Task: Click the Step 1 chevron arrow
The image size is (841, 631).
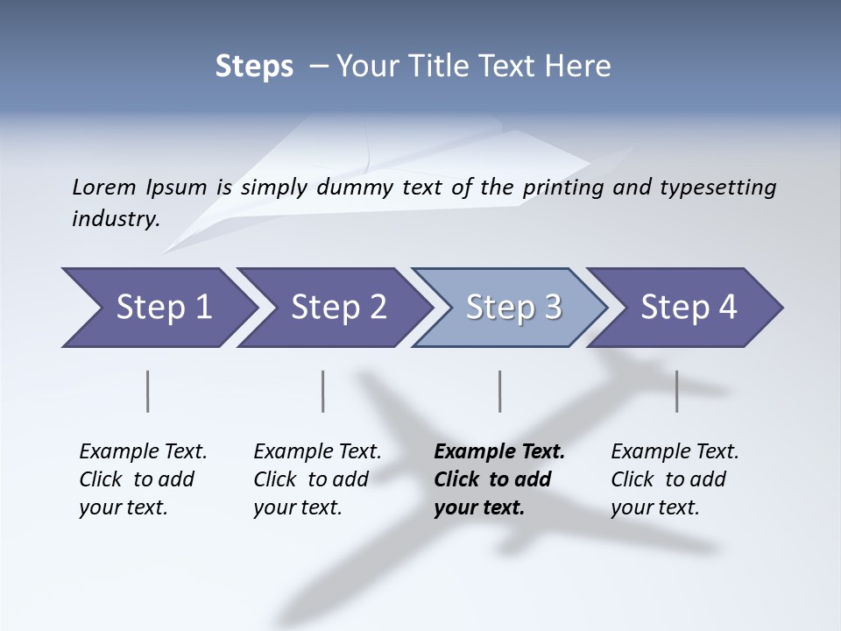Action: (x=158, y=308)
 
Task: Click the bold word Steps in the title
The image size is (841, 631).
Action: (x=254, y=67)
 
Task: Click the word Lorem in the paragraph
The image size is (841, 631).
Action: (x=103, y=187)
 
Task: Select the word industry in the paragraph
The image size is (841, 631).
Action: (x=116, y=218)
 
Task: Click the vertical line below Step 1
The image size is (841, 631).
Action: (x=148, y=391)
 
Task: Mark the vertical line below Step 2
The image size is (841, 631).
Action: (x=323, y=391)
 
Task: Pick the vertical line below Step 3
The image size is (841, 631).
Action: (x=499, y=391)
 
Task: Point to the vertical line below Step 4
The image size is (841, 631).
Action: (x=676, y=391)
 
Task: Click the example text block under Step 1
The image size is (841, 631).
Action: (x=143, y=479)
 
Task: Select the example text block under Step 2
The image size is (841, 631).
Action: (x=317, y=479)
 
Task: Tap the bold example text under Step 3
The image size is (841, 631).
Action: (x=499, y=479)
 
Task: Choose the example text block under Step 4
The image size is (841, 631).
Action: (x=675, y=479)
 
